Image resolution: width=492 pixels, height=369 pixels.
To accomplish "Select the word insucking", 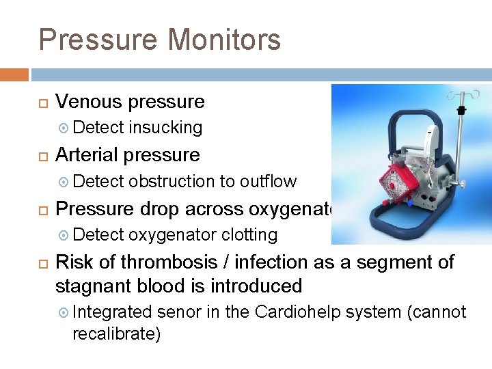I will [165, 128].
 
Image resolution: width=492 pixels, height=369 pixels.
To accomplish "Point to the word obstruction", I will [172, 181].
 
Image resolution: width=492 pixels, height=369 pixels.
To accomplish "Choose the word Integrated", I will [112, 312].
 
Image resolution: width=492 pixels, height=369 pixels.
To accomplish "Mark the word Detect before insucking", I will [98, 128].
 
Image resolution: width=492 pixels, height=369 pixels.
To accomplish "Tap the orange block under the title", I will [14, 74].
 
